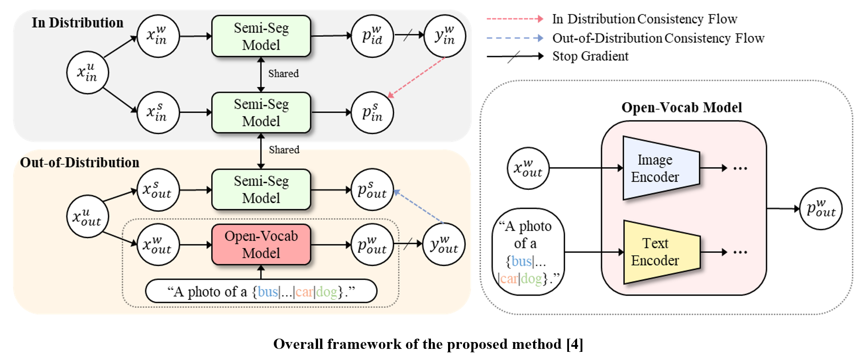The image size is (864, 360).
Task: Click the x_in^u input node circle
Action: (87, 73)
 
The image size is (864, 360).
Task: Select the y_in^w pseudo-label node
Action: (445, 36)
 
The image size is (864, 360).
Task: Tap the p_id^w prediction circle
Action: (372, 36)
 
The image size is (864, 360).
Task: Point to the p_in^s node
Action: (372, 112)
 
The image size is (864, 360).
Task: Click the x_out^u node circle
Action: (87, 216)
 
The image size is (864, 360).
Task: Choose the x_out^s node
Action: (157, 190)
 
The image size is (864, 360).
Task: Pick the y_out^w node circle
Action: (444, 245)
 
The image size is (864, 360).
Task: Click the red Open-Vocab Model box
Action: (261, 245)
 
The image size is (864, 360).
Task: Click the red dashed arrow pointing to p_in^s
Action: (417, 77)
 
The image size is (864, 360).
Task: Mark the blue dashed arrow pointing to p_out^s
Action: (418, 206)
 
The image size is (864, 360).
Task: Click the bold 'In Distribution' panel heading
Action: (77, 23)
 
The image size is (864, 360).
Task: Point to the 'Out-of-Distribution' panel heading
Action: (80, 162)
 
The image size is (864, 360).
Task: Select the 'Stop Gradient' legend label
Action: (590, 56)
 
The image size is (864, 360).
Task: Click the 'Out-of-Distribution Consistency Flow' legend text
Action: (658, 38)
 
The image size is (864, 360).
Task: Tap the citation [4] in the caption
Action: (575, 344)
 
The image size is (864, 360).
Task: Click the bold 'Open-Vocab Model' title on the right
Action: (681, 107)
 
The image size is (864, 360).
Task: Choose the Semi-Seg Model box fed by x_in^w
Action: (261, 36)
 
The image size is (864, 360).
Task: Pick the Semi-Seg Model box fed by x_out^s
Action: (261, 190)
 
